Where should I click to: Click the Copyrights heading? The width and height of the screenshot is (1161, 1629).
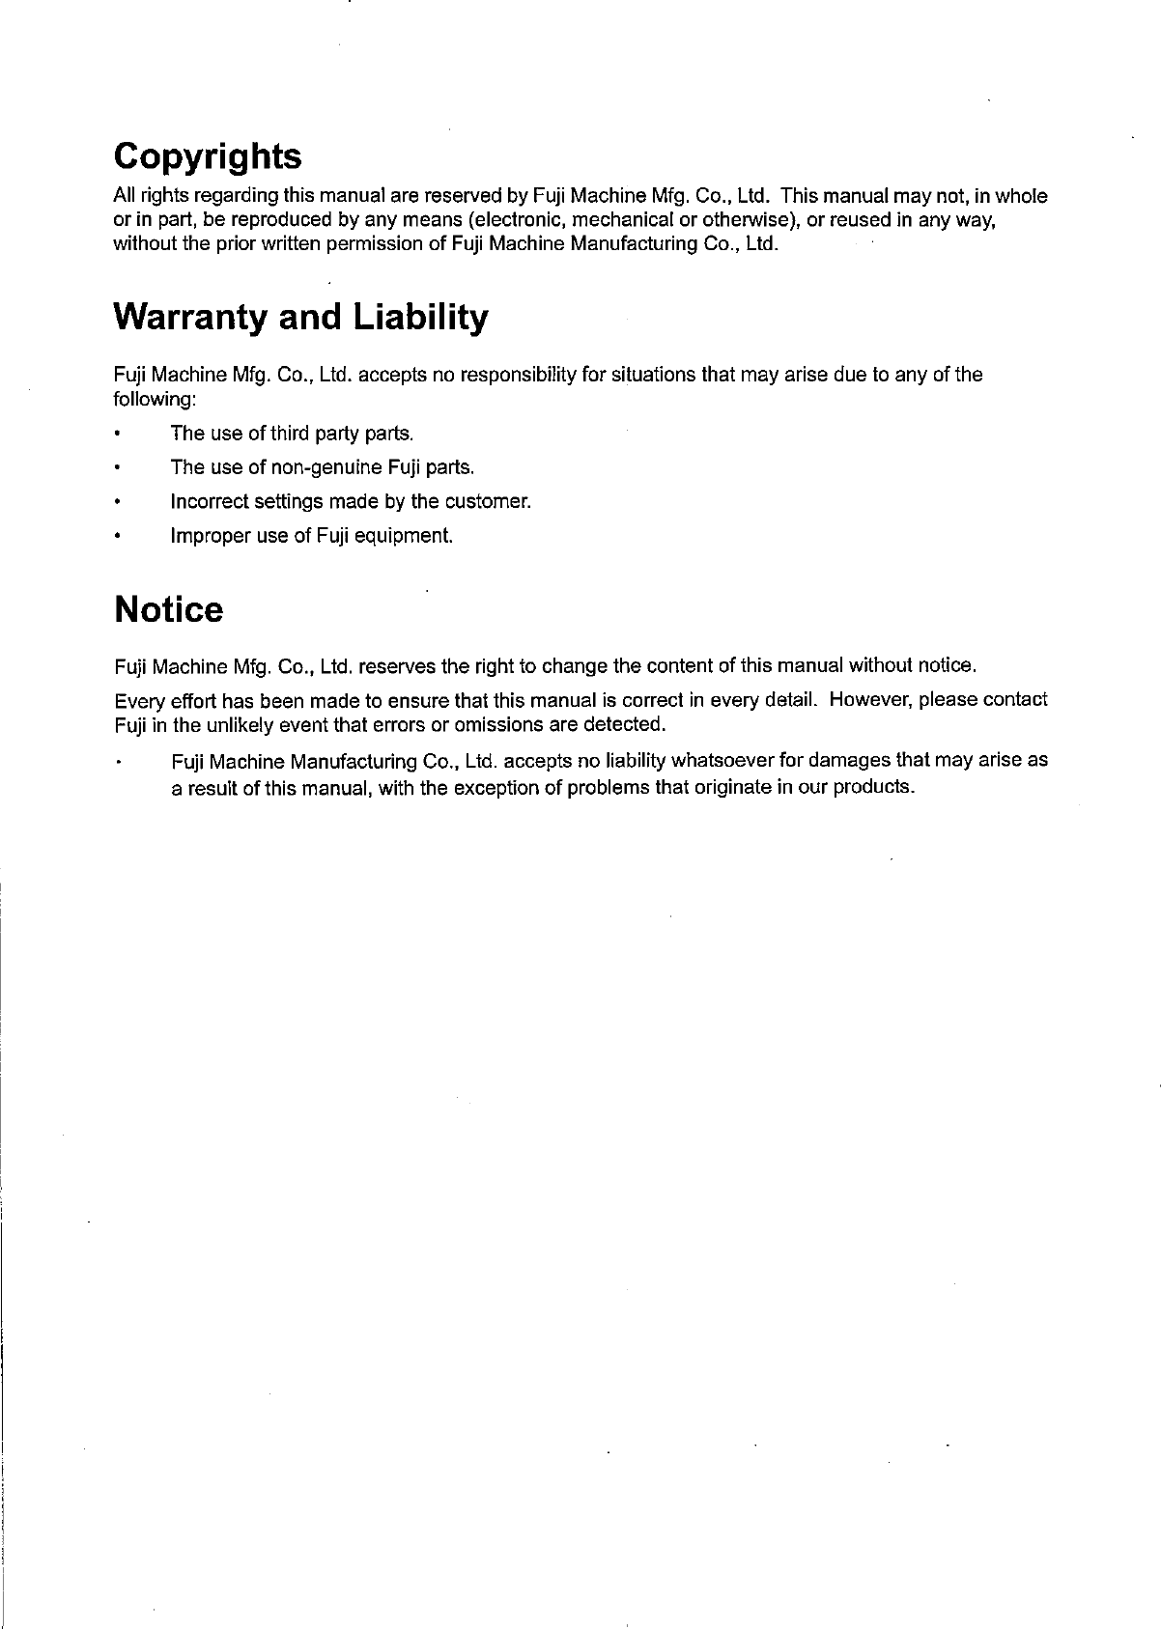[x=207, y=156]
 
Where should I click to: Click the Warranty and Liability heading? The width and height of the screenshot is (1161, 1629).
[x=300, y=317]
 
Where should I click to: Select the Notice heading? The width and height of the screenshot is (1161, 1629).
[x=168, y=610]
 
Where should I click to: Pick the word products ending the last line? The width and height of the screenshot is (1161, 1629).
[x=875, y=787]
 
